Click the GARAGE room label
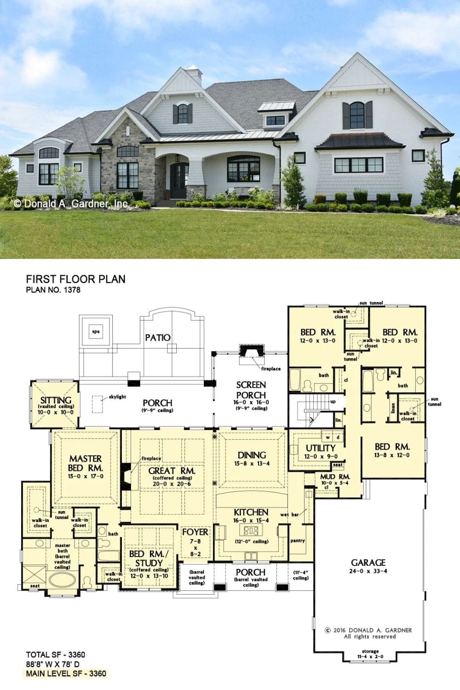[368, 563]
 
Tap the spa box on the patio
[96, 332]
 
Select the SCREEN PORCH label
[251, 390]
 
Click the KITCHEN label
[251, 512]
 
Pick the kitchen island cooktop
[251, 530]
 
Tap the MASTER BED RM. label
[86, 463]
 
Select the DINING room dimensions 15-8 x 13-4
[252, 463]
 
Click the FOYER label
[195, 532]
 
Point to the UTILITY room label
[321, 448]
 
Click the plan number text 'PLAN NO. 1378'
[53, 290]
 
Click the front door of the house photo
[179, 181]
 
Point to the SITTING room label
[56, 400]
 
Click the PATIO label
[158, 338]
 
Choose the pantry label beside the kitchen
[298, 540]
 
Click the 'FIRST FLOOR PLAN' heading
[76, 279]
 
